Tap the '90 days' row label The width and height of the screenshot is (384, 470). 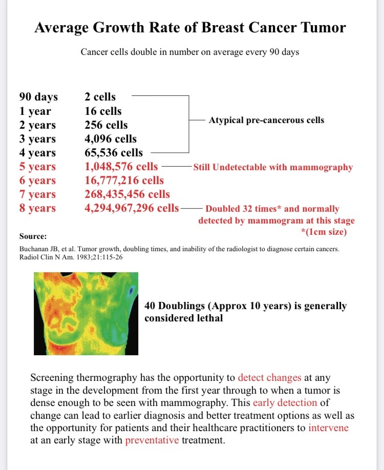(38, 97)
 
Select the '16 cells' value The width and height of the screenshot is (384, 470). (103, 111)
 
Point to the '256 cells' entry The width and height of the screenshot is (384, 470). (106, 125)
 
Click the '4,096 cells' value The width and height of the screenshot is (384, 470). (111, 138)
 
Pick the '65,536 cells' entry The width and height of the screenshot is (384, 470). (114, 152)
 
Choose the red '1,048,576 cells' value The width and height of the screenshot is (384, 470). (121, 167)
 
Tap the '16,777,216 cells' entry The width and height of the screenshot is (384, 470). (124, 180)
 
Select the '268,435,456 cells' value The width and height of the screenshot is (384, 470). (127, 194)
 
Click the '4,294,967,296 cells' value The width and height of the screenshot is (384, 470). (132, 208)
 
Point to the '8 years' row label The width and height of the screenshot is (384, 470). (37, 208)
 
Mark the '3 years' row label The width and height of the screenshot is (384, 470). (37, 138)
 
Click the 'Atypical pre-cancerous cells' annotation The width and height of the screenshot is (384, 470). (266, 120)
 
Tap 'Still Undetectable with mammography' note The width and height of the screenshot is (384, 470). (273, 167)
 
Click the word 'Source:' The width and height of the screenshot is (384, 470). (33, 236)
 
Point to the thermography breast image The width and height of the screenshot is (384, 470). (86, 314)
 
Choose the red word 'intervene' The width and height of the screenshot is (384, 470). (328, 427)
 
